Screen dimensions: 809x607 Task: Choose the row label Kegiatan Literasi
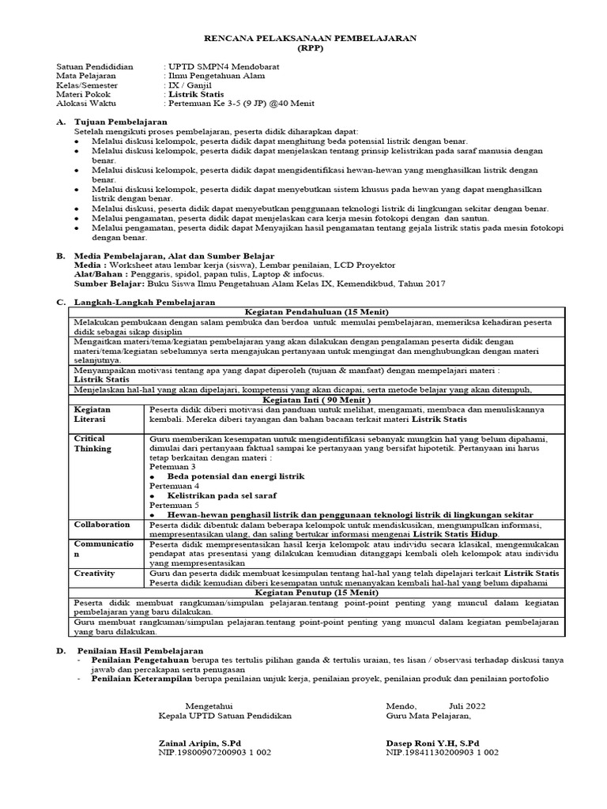click(x=92, y=416)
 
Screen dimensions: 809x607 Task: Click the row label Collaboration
click(x=102, y=525)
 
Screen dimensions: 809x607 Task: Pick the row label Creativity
click(x=95, y=574)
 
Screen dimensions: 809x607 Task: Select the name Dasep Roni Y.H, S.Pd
click(x=432, y=743)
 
